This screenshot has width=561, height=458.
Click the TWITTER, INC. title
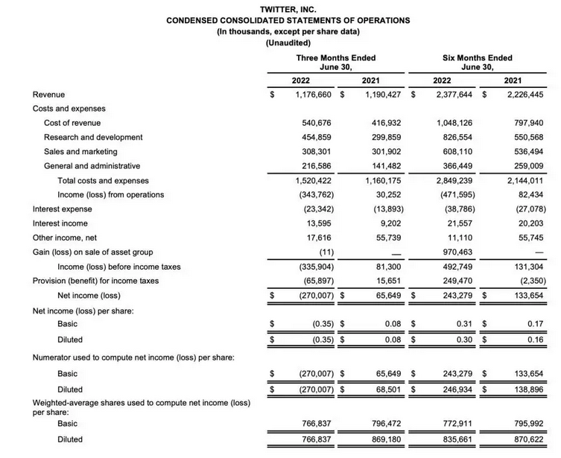coord(288,8)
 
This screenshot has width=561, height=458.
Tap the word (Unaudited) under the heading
coord(288,43)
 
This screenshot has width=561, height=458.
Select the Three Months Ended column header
coord(335,58)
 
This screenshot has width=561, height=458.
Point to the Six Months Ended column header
coord(477,58)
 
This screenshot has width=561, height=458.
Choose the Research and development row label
coord(93,138)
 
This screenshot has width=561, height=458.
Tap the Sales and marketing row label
coord(82,152)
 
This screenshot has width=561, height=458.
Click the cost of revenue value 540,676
coord(315,123)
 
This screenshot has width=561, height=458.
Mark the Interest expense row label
coord(63,210)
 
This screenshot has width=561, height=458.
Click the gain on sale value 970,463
coord(458,252)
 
